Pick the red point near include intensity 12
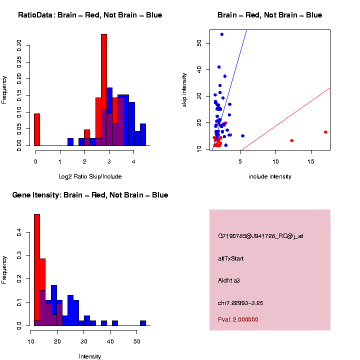291,140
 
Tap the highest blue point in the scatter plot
222,34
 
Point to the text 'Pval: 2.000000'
238,319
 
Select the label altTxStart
230,258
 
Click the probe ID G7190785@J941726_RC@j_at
260,236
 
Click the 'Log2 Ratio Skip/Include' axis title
90,176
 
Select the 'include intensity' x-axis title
270,176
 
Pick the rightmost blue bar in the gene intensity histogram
143,323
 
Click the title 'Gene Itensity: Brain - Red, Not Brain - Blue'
90,195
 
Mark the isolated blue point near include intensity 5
242,135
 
